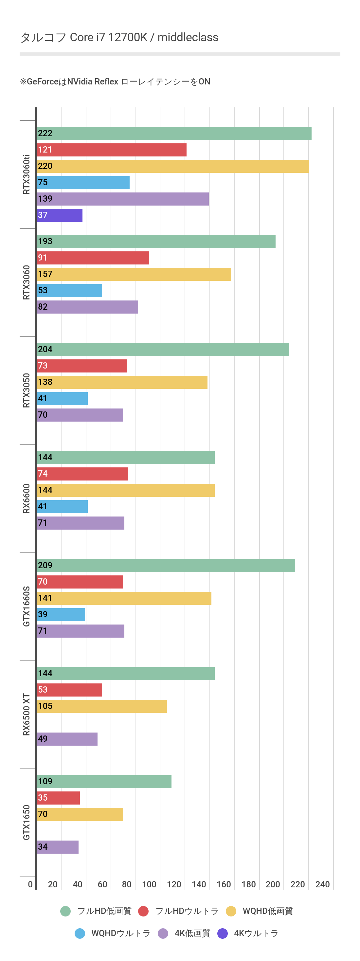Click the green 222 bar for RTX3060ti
pyautogui.click(x=174, y=134)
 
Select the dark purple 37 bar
pyautogui.click(x=60, y=215)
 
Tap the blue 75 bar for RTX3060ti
pyautogui.click(x=83, y=182)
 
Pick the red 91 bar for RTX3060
pyautogui.click(x=93, y=258)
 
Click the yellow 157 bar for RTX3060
pyautogui.click(x=134, y=274)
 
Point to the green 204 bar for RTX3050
pyautogui.click(x=163, y=350)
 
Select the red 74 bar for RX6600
pyautogui.click(x=82, y=474)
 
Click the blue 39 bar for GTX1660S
pyautogui.click(x=61, y=614)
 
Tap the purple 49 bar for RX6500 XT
pyautogui.click(x=67, y=739)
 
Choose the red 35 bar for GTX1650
pyautogui.click(x=58, y=798)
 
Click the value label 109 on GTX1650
pyautogui.click(x=45, y=782)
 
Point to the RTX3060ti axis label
pyautogui.click(x=27, y=174)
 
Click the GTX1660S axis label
pyautogui.click(x=27, y=606)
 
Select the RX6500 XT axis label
pyautogui.click(x=27, y=715)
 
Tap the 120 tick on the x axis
pyautogui.click(x=174, y=884)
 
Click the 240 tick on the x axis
pyautogui.click(x=322, y=884)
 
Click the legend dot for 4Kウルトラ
pyautogui.click(x=223, y=934)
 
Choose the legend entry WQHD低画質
pyautogui.click(x=267, y=911)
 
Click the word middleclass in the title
pyautogui.click(x=188, y=37)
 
